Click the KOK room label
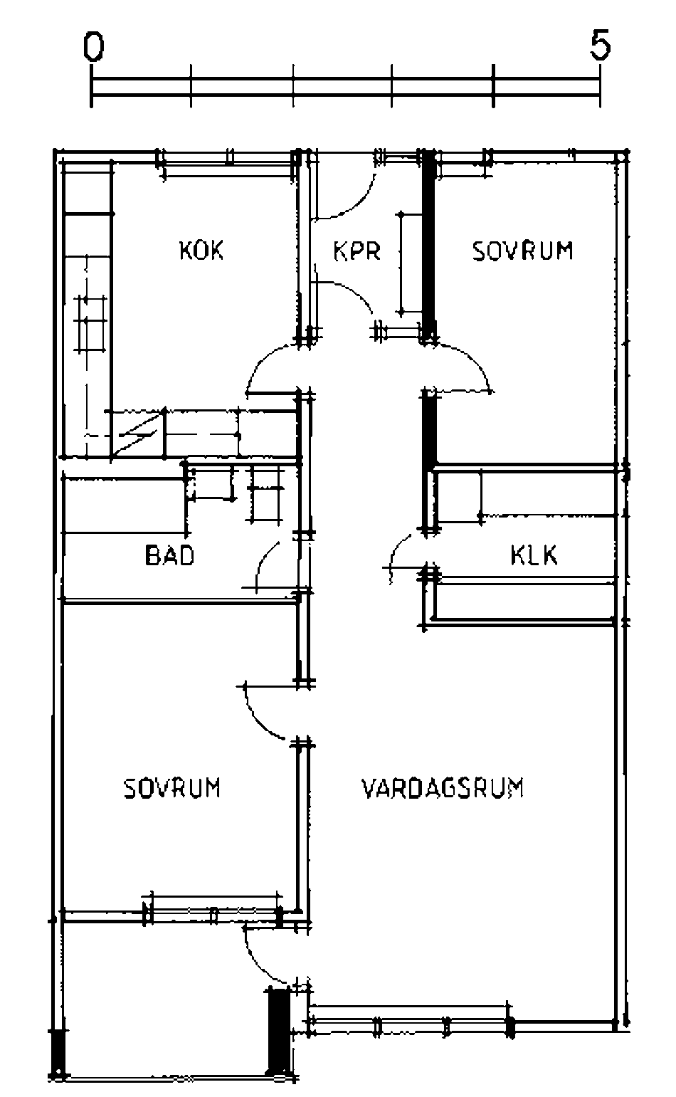pos(201,251)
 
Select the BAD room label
pos(169,555)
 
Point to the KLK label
pos(534,555)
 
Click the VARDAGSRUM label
pos(443,789)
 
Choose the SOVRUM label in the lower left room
pos(172,789)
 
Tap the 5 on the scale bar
pos(600,47)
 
